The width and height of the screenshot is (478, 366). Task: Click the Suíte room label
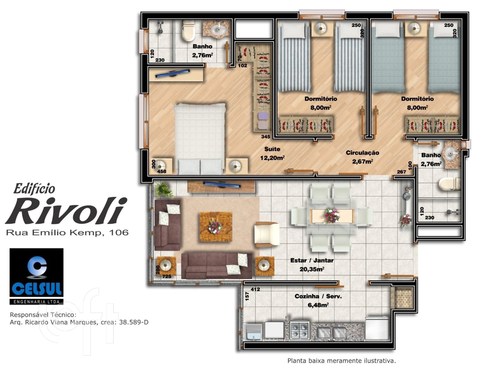click(272, 149)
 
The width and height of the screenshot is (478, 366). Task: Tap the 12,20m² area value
click(272, 158)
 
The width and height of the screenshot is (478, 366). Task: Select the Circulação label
click(362, 153)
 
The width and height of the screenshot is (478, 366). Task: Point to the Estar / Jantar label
click(312, 260)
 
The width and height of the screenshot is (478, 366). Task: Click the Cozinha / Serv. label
click(318, 296)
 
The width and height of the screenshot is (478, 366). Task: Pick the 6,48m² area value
click(318, 305)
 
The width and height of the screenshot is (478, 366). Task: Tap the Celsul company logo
click(36, 276)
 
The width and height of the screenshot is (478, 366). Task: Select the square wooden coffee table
click(216, 226)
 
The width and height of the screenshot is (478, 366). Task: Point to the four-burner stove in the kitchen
click(300, 330)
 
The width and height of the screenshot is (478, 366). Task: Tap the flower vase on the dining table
click(332, 216)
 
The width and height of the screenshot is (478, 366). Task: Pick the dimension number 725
click(167, 277)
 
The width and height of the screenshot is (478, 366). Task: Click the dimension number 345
click(266, 137)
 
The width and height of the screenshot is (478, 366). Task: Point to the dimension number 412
click(255, 289)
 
